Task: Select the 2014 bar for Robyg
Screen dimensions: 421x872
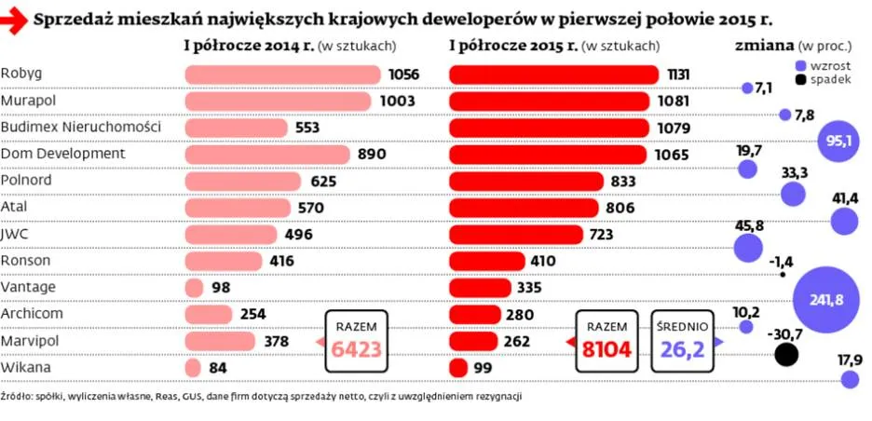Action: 283,75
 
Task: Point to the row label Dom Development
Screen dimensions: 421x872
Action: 62,153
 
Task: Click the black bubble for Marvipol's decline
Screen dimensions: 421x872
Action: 787,354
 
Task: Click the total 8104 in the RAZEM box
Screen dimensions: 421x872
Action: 606,350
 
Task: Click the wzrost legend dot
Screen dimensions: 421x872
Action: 800,65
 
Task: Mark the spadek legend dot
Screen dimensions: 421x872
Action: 800,81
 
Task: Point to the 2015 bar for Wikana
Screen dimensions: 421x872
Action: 458,368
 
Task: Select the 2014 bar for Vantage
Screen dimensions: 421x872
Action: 195,288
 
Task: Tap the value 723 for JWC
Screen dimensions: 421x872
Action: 602,235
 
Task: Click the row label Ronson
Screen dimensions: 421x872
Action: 26,261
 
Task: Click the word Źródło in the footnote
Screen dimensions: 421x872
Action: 18,396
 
